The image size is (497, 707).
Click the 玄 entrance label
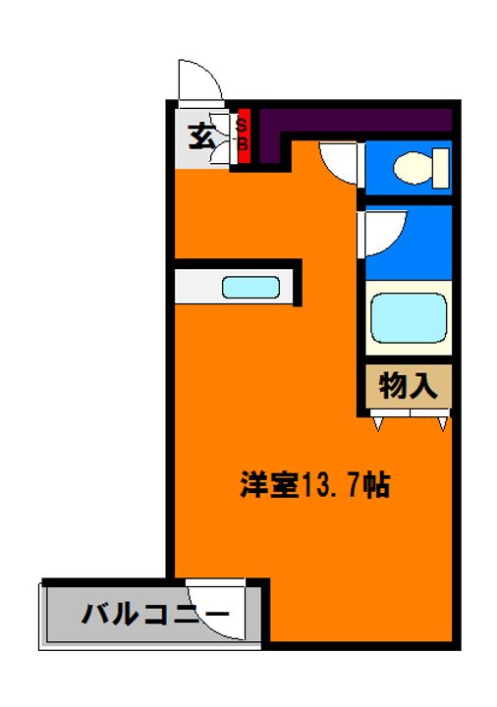pos(201,136)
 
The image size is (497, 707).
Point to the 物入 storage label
pos(408,384)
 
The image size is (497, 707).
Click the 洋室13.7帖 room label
pos(315,483)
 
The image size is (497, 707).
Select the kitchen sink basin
pos(251,288)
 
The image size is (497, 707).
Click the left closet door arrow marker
pos(378,423)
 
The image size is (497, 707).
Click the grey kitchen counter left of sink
pos(196,288)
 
